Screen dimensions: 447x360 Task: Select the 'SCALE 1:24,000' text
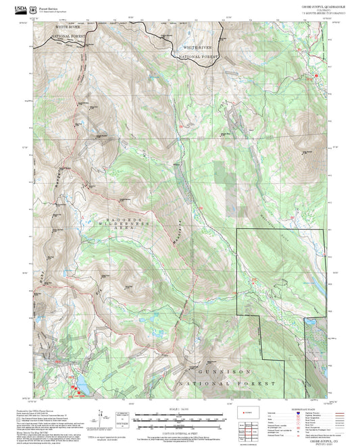click(x=181, y=410)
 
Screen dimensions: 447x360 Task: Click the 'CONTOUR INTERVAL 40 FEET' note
click(x=181, y=431)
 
